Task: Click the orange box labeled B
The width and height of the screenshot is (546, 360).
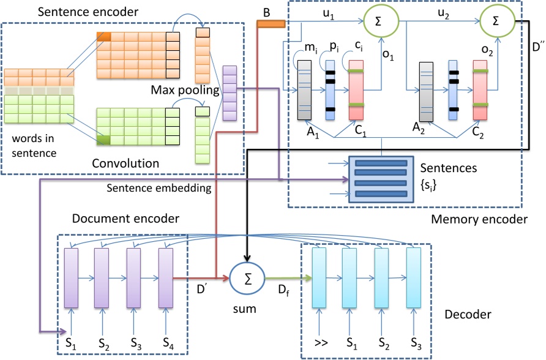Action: pos(270,24)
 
